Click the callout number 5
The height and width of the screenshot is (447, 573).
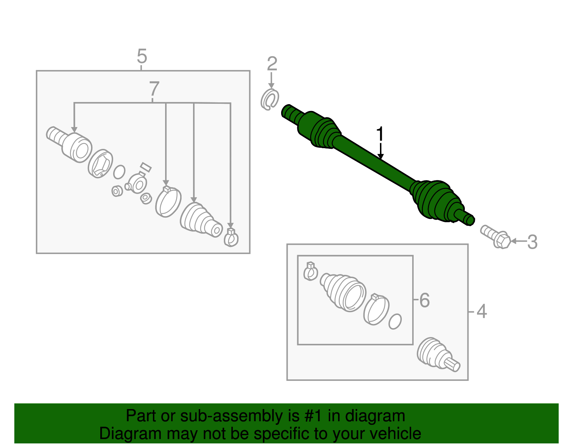click(142, 57)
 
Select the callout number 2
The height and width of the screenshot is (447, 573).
click(272, 64)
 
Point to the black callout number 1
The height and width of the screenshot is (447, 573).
click(380, 134)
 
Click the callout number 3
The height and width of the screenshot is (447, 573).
click(532, 242)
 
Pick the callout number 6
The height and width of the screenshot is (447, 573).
click(424, 300)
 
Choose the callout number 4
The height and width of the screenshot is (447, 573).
click(482, 311)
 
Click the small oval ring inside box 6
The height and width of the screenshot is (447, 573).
click(395, 321)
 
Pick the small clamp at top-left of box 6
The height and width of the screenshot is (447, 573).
click(310, 271)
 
